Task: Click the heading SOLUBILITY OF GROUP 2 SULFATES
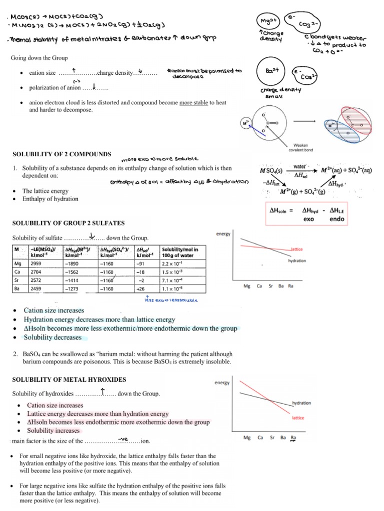coord(68,223)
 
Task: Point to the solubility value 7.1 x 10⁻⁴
coord(173,280)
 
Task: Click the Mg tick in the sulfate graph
coord(246,286)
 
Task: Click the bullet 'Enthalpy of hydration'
coord(50,199)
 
